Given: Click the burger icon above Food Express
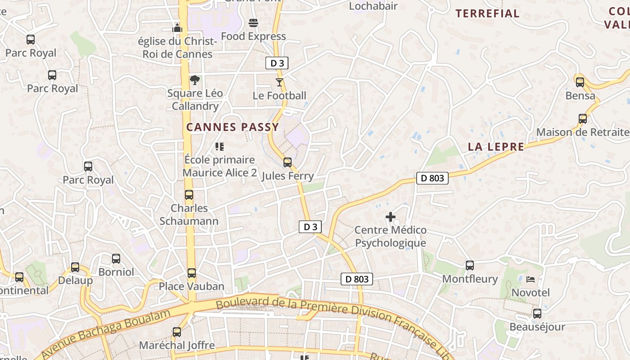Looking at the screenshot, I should point(253,23).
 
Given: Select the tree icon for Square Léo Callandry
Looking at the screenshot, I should point(195,80).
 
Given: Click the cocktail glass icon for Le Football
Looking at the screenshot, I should point(279,82).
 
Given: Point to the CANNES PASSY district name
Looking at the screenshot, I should point(233,127).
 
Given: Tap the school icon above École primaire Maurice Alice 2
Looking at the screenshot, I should point(220,146).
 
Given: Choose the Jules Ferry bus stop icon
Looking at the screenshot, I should point(288,162).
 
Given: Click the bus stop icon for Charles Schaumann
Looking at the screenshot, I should point(189,195).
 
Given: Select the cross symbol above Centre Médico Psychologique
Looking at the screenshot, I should point(390,217).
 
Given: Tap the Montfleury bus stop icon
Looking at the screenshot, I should point(470,265).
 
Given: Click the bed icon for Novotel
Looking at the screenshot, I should point(531,279).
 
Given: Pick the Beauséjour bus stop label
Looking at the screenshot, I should point(537,327).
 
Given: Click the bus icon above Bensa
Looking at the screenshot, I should point(580,82).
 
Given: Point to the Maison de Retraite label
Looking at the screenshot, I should point(583,132).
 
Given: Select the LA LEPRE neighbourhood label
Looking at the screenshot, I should point(496,147).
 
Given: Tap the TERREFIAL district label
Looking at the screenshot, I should point(488,13).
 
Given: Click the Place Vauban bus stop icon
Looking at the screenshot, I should point(192,273).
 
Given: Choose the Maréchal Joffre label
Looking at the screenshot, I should point(177,345).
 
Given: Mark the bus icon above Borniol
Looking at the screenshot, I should point(116,259).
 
